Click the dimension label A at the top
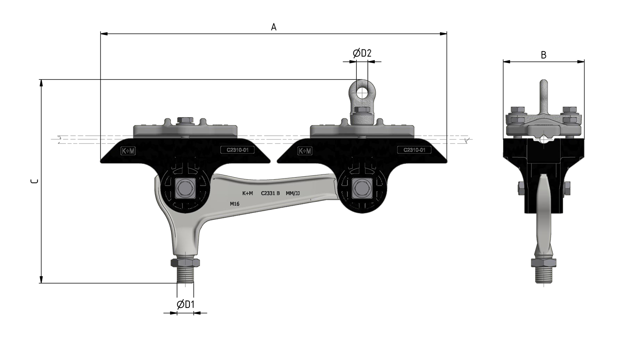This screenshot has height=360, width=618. pyautogui.click(x=274, y=27)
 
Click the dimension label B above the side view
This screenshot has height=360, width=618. pyautogui.click(x=544, y=55)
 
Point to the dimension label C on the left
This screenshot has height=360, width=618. pyautogui.click(x=35, y=181)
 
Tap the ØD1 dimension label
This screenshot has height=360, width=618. pyautogui.click(x=186, y=304)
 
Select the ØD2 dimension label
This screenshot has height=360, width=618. pyautogui.click(x=362, y=53)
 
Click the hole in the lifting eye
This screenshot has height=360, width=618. pyautogui.click(x=362, y=93)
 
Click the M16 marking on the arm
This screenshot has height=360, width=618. pyautogui.click(x=234, y=204)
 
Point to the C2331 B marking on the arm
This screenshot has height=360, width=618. pyautogui.click(x=270, y=193)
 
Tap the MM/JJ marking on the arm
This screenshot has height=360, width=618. pyautogui.click(x=293, y=193)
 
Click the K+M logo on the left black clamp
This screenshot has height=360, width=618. pyautogui.click(x=128, y=151)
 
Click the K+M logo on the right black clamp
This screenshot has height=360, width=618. pyautogui.click(x=305, y=151)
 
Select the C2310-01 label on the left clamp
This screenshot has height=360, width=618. pyautogui.click(x=237, y=150)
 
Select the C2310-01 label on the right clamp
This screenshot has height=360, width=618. pyautogui.click(x=414, y=150)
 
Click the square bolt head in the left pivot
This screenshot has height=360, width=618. pyautogui.click(x=185, y=188)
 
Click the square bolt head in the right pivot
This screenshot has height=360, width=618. pyautogui.click(x=362, y=188)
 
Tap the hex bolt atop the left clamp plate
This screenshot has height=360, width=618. pyautogui.click(x=185, y=120)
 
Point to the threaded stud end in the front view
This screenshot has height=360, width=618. pyautogui.click(x=185, y=275)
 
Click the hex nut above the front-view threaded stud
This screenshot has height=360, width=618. pyautogui.click(x=185, y=263)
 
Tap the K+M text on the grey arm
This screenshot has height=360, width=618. pyautogui.click(x=248, y=193)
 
